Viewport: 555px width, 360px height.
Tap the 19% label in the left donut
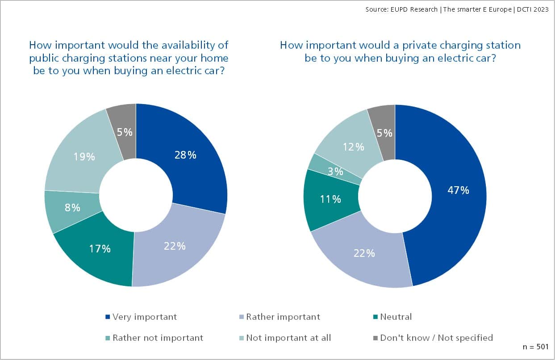[84, 157]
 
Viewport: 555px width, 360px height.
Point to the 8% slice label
[72, 207]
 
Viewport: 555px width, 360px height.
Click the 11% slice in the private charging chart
[331, 199]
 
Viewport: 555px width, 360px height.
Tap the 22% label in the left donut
[175, 246]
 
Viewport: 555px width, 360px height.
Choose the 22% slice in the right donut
[364, 253]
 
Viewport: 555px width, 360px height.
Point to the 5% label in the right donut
[385, 133]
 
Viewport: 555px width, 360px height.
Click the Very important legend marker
[107, 317]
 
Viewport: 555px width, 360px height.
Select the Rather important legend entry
[283, 317]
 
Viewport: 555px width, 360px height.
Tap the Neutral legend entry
[395, 317]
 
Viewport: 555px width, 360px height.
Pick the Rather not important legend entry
[157, 338]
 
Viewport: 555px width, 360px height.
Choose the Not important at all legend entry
[288, 338]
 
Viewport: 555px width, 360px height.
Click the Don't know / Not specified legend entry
[436, 338]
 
